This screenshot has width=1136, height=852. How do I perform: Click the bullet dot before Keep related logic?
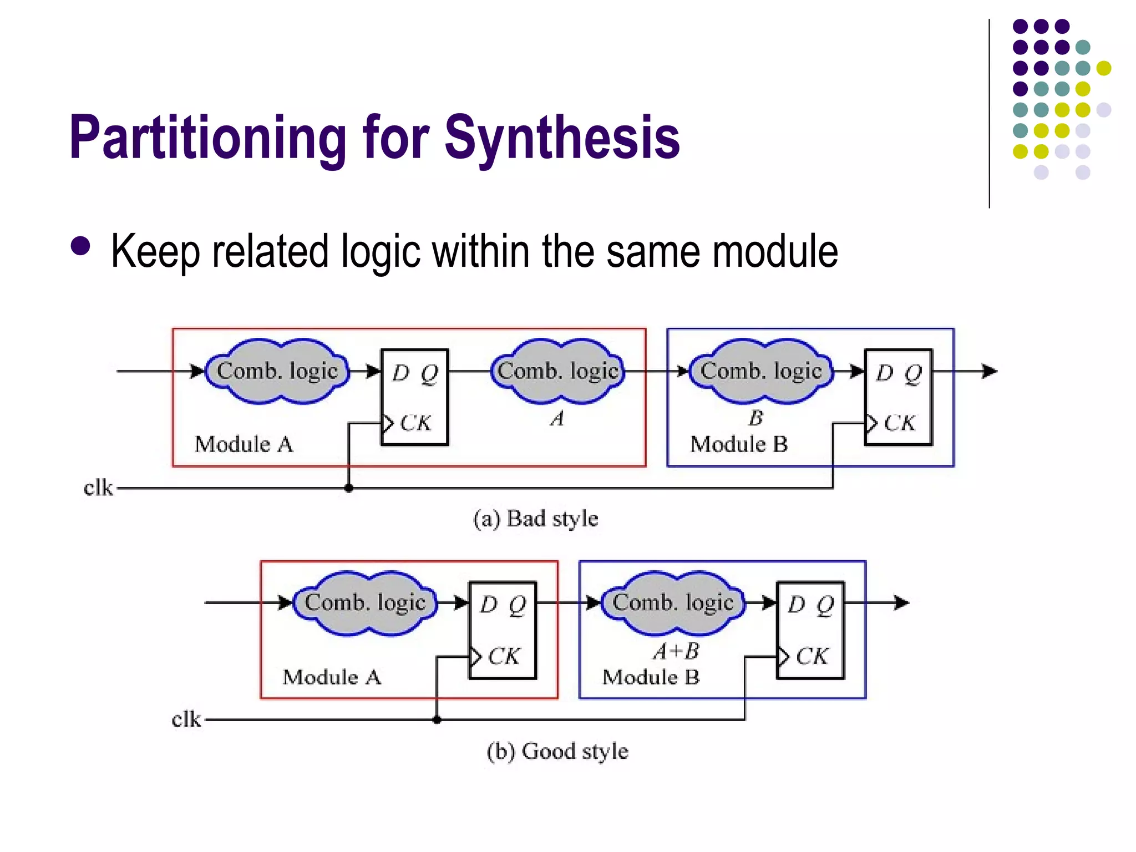(x=81, y=246)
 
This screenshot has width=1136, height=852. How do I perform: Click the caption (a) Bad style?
(x=536, y=519)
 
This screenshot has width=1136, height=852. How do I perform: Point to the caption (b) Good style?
(x=557, y=751)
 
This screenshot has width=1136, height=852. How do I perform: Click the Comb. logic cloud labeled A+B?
(x=673, y=603)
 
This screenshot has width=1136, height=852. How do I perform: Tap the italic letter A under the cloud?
(x=557, y=418)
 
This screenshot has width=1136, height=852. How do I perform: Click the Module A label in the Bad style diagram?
(x=244, y=444)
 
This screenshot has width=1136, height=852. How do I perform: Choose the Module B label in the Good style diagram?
(x=651, y=677)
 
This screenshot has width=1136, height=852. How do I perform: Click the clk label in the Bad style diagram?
(x=98, y=488)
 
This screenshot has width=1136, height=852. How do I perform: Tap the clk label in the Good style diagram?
(x=186, y=719)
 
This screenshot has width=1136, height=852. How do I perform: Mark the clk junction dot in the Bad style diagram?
(x=349, y=488)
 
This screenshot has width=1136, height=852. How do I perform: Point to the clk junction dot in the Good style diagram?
(x=437, y=719)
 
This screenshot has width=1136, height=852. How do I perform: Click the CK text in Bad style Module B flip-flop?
(x=899, y=423)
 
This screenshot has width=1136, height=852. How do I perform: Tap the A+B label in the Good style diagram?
(x=676, y=651)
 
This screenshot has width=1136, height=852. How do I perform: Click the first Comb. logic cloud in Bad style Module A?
(x=277, y=371)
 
